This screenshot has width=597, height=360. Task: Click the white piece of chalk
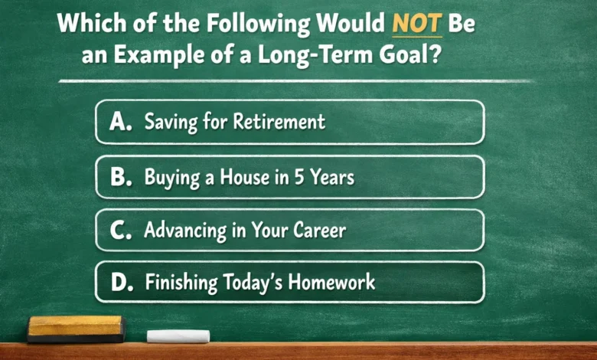tap(178, 335)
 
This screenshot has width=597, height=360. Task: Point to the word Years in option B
tap(335, 178)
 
